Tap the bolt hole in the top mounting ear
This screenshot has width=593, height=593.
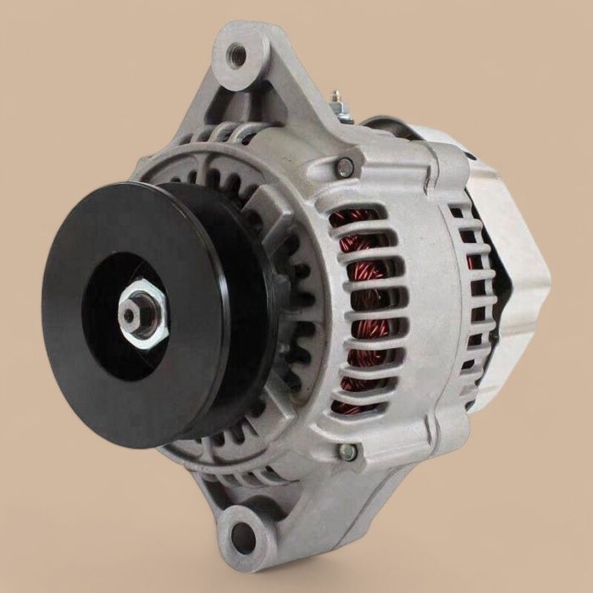point(238,55)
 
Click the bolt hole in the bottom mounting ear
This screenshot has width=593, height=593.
point(245,534)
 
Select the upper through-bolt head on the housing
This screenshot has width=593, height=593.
point(345,167)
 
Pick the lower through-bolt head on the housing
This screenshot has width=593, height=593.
point(347,452)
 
